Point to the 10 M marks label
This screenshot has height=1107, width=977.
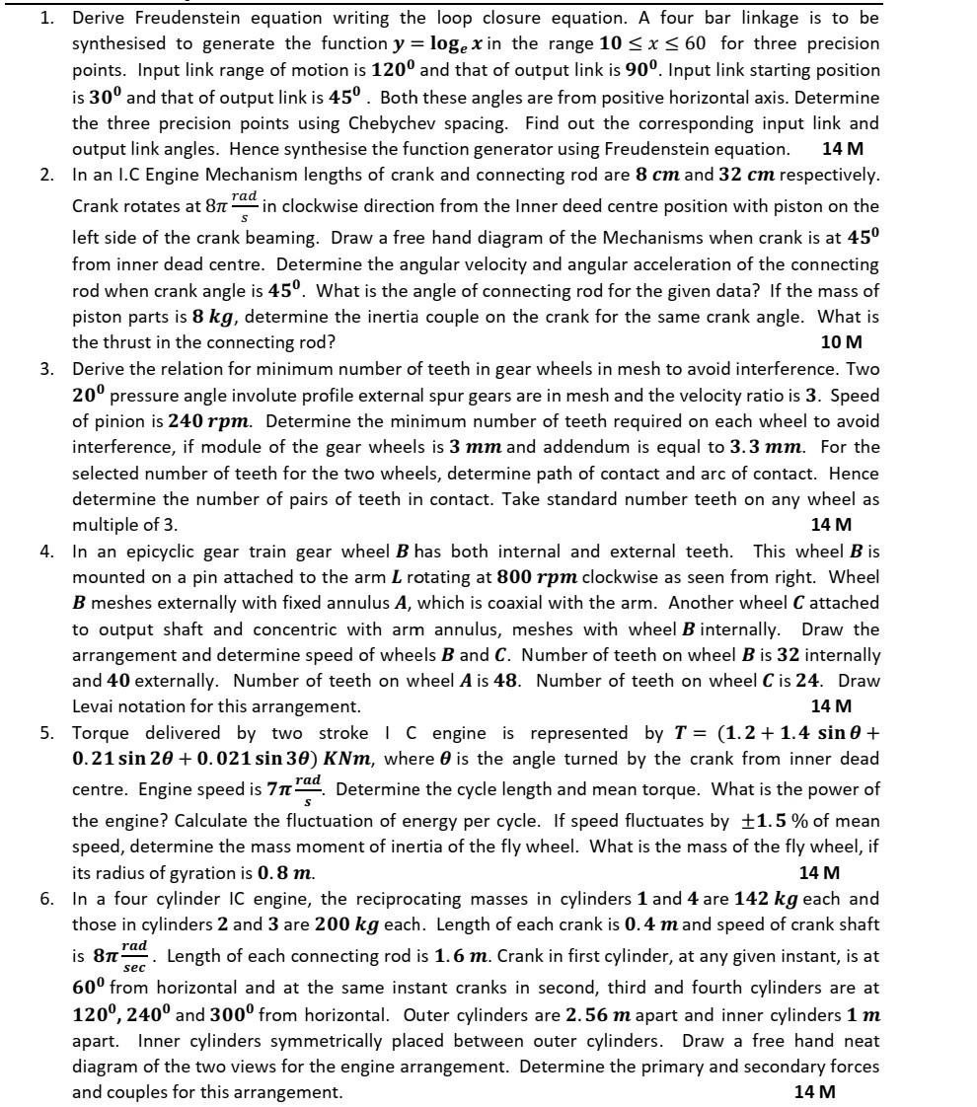(841, 342)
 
